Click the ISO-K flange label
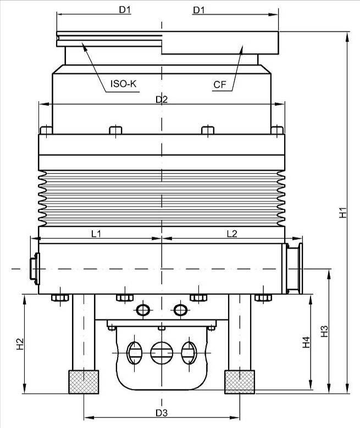pos(123,84)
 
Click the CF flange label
pos(220,85)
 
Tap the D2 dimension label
pos(162,99)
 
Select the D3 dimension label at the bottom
pos(162,413)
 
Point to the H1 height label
pos(343,213)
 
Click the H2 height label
pos(20,344)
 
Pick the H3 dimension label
pos(324,331)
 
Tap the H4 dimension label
pos(306,342)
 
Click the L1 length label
pos(96,234)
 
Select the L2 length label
pos(232,234)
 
